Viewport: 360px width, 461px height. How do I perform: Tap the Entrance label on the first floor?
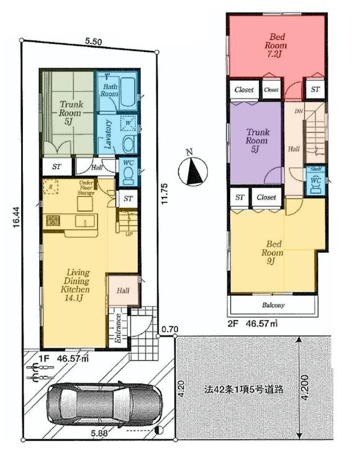[x=116, y=327]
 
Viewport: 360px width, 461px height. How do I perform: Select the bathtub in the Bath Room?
[x=127, y=94]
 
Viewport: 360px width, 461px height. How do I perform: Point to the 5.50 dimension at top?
[x=94, y=41]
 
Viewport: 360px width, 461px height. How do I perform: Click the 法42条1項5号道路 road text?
[x=245, y=390]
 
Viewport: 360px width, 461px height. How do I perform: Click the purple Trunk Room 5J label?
[x=256, y=140]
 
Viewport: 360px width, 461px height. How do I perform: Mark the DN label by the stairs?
[x=298, y=111]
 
